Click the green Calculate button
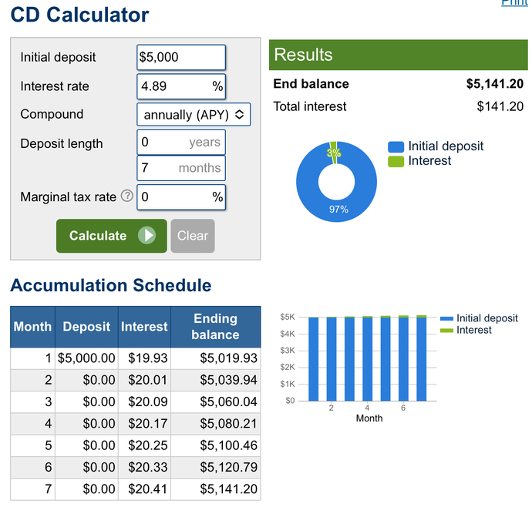112,236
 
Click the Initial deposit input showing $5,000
181,57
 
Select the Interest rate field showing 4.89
181,86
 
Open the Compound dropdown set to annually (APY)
194,115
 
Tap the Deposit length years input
181,143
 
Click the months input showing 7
181,168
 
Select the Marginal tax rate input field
181,197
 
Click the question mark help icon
127,196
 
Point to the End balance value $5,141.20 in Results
495,84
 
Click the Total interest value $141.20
500,106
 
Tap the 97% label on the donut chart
338,209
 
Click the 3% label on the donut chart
334,153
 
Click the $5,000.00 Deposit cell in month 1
86,358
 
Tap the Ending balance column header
215,327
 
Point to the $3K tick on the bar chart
288,350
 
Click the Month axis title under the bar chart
369,418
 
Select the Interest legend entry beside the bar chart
466,330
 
